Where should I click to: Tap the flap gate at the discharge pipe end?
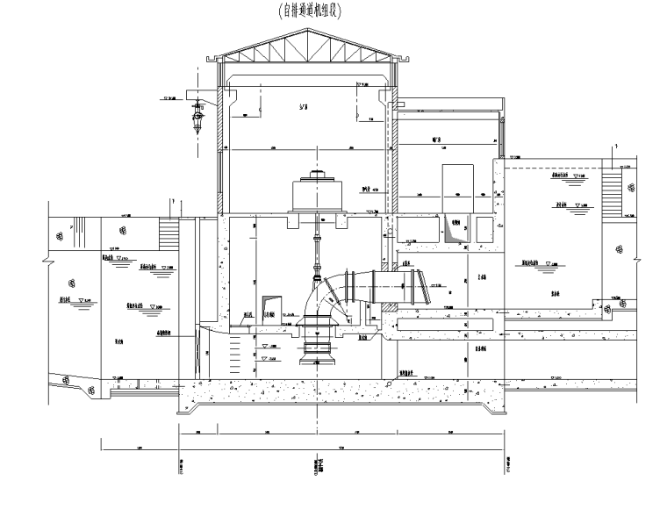click(423, 284)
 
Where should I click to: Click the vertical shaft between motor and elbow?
click(316, 254)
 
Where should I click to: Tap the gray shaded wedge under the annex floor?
click(455, 230)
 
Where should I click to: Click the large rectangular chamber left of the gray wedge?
click(417, 231)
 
